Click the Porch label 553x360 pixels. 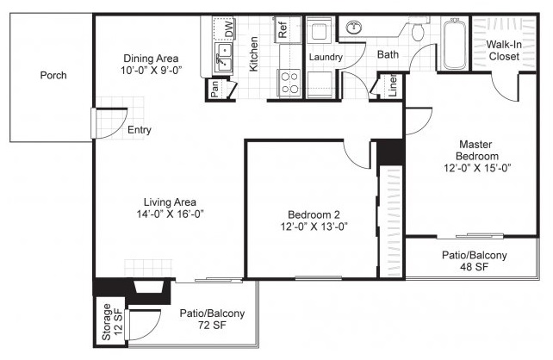tap(53, 76)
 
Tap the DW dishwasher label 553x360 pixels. tap(229, 29)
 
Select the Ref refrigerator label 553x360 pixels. tap(283, 30)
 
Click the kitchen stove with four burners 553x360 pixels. tap(289, 83)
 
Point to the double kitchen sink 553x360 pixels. tap(224, 58)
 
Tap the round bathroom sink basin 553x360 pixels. tap(353, 28)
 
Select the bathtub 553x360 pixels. tap(454, 45)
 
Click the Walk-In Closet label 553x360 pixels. tap(504, 51)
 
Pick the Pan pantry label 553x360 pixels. tap(214, 90)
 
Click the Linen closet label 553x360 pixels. tap(393, 85)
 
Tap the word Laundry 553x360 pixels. tap(326, 57)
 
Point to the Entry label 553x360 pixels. tap(140, 130)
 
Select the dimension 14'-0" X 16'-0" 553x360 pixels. tap(170, 214)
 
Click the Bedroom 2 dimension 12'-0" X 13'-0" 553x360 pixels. tap(314, 227)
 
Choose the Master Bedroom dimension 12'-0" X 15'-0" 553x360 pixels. tap(477, 168)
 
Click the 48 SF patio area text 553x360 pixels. tap(474, 267)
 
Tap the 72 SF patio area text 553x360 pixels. tap(212, 325)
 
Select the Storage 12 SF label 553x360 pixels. tap(112, 322)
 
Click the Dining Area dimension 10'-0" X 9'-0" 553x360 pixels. tap(151, 71)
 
